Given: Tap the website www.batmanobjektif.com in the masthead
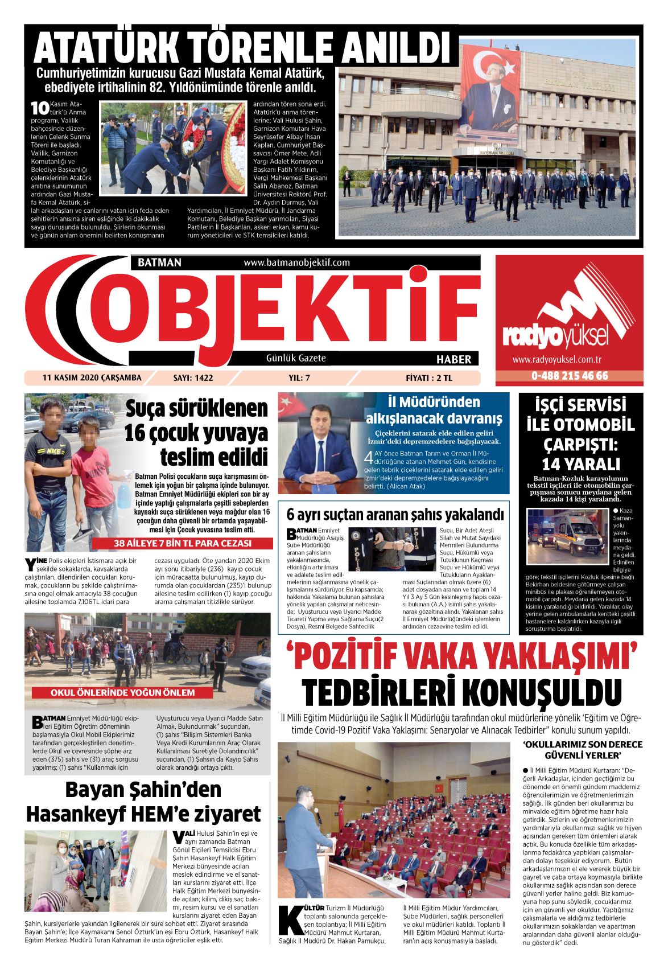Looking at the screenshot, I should click(x=296, y=262).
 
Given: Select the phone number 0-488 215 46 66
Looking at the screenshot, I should click(x=569, y=376).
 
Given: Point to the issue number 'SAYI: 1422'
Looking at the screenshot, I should click(x=193, y=377).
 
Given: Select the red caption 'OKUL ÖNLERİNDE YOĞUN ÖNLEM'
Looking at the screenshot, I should click(x=123, y=693).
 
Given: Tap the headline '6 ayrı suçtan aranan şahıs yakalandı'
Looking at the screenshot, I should click(x=395, y=515).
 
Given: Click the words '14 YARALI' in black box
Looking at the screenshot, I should click(x=580, y=463).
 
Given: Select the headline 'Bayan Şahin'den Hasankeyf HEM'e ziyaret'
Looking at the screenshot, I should click(x=143, y=802).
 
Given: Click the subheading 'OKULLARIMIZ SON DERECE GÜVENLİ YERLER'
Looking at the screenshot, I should click(x=582, y=749).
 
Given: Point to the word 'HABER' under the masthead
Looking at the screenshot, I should click(x=453, y=359).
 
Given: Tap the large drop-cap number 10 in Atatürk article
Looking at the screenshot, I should click(x=39, y=108).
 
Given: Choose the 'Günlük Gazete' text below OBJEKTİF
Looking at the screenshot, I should click(x=296, y=358).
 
